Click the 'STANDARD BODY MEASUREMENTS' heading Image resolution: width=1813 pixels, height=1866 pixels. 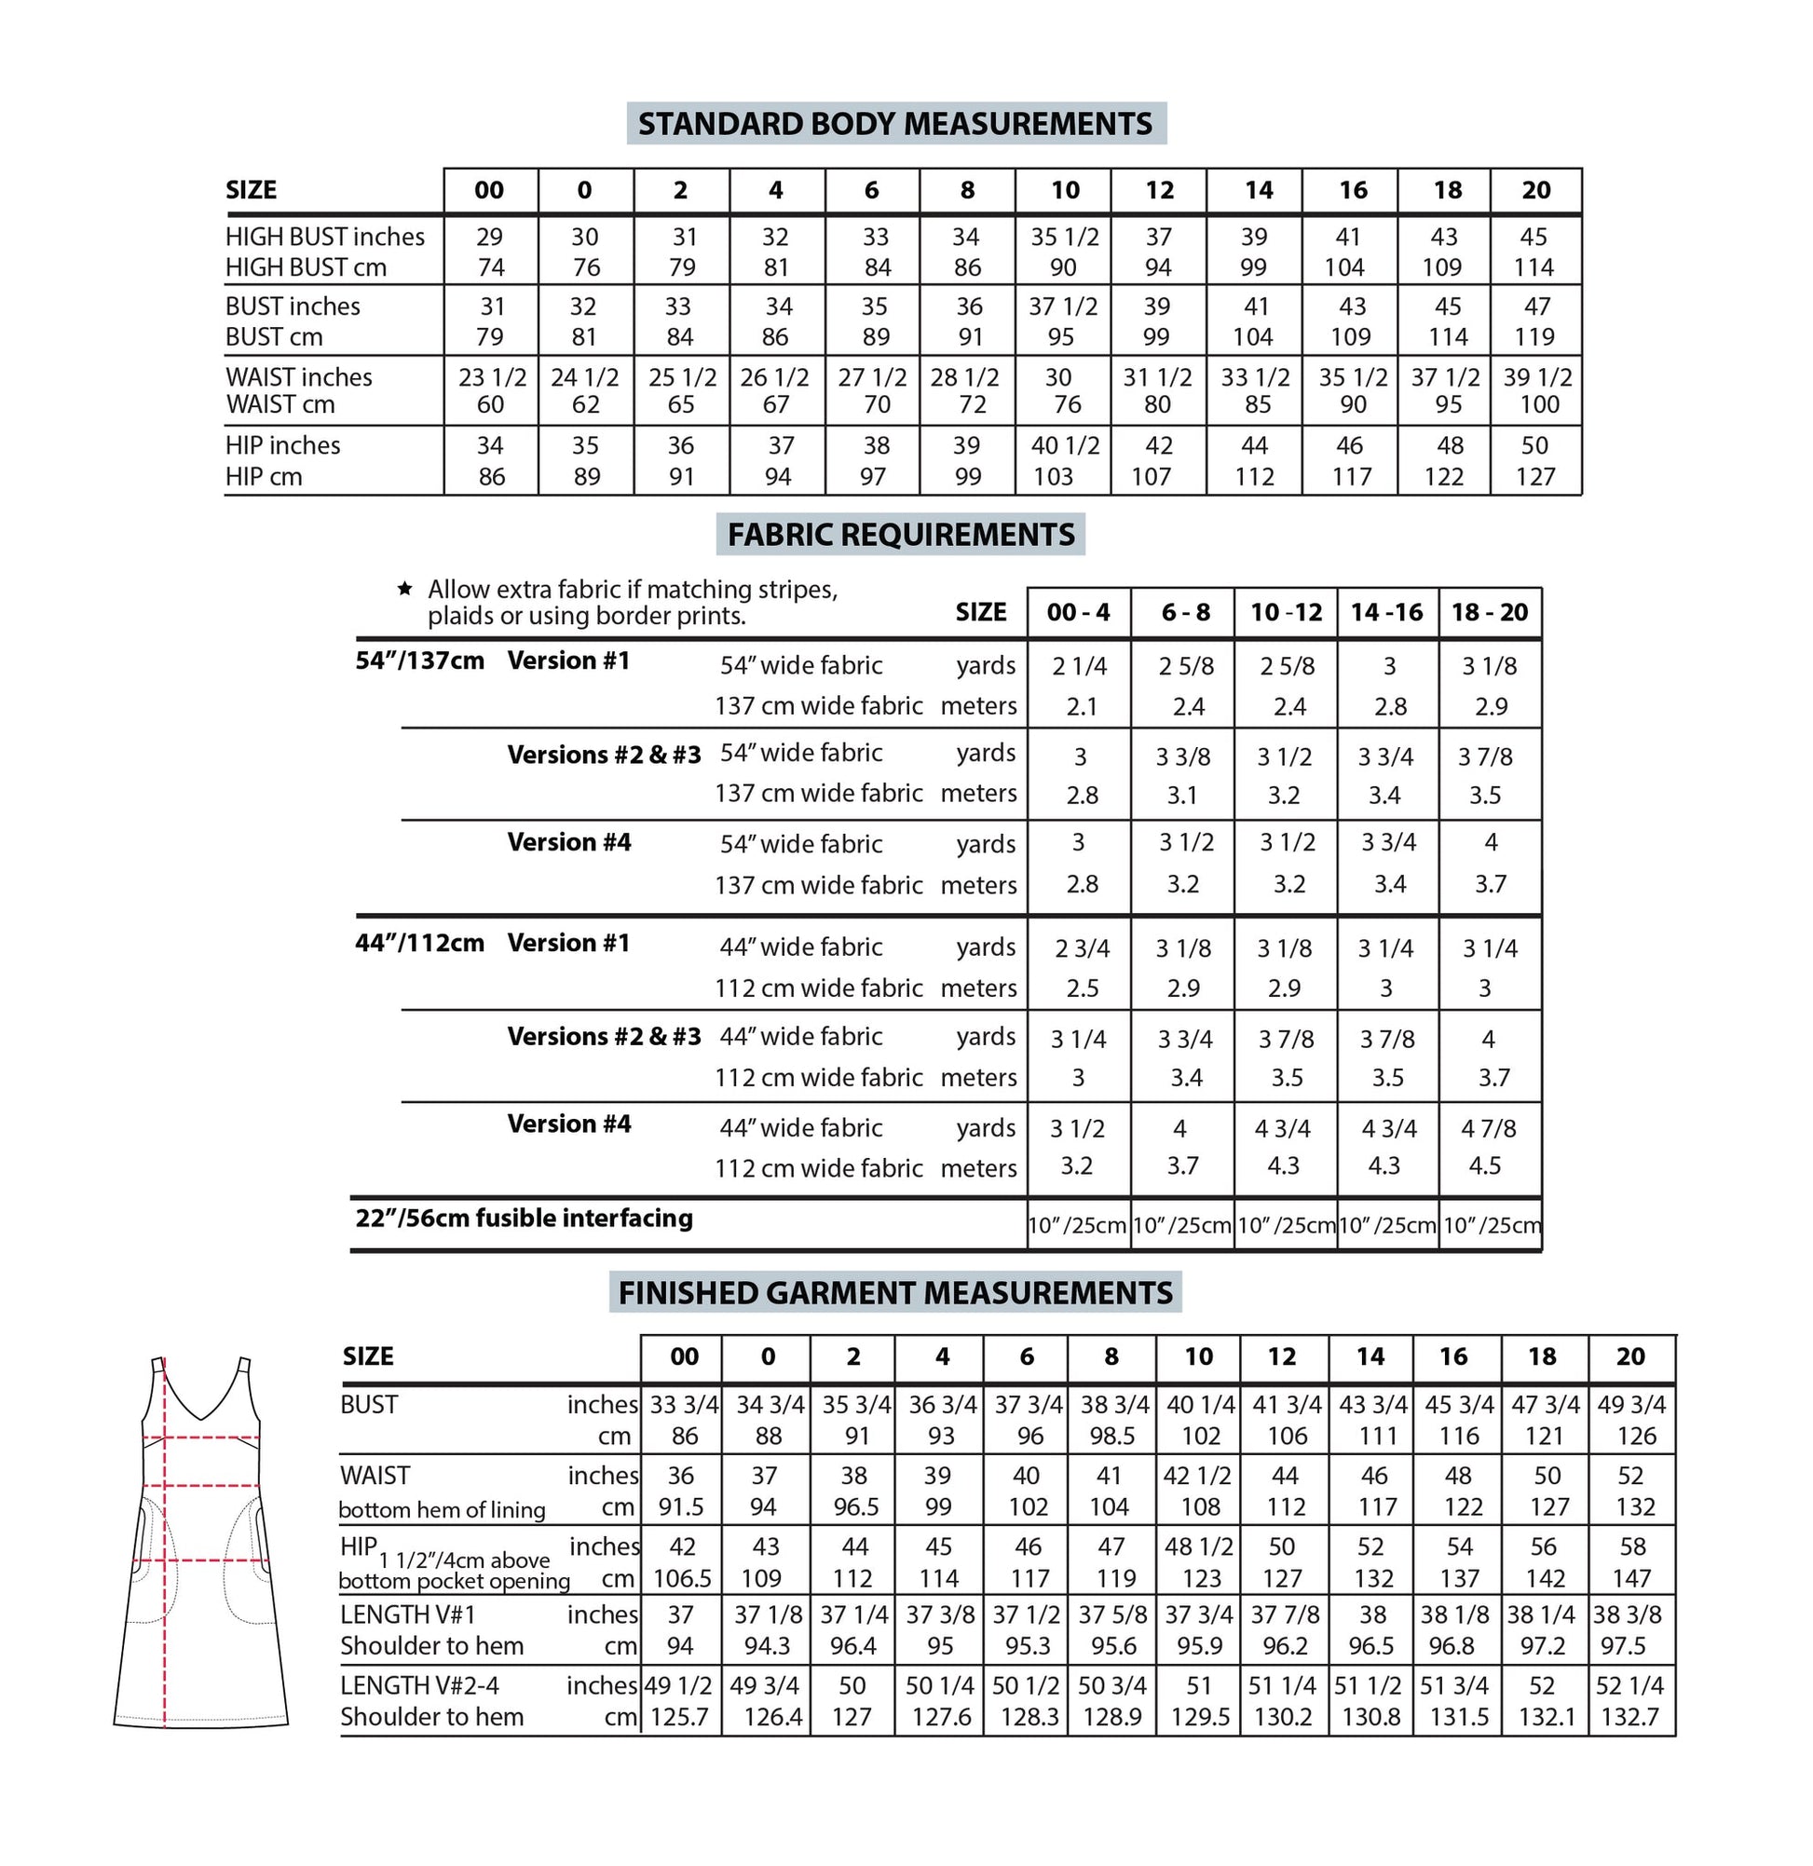coord(895,124)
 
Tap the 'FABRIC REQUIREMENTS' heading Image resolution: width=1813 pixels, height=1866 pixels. coord(900,535)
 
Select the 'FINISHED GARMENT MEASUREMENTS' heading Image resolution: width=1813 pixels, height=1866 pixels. coord(895,1293)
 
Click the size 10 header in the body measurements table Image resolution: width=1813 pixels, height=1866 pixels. coord(1065,190)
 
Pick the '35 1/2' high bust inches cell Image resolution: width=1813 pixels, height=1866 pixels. coord(1065,237)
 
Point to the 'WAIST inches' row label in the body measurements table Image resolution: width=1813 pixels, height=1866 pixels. coord(299,377)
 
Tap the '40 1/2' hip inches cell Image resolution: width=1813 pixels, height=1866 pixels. coord(1065,445)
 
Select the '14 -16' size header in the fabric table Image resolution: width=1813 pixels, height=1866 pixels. coord(1386,612)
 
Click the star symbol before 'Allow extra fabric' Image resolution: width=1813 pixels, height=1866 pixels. coord(404,589)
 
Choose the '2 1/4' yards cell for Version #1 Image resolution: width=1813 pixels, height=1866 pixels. coord(1080,666)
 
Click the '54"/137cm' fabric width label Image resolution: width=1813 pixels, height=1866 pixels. coord(420,661)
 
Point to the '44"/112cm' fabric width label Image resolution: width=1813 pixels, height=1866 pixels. coord(420,944)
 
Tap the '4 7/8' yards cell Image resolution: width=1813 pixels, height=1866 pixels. coord(1489,1128)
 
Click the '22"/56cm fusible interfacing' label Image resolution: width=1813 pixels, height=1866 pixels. coord(524,1218)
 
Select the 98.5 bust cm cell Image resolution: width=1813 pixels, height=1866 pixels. coord(1111,1436)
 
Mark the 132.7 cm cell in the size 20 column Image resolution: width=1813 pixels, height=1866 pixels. coord(1630,1718)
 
